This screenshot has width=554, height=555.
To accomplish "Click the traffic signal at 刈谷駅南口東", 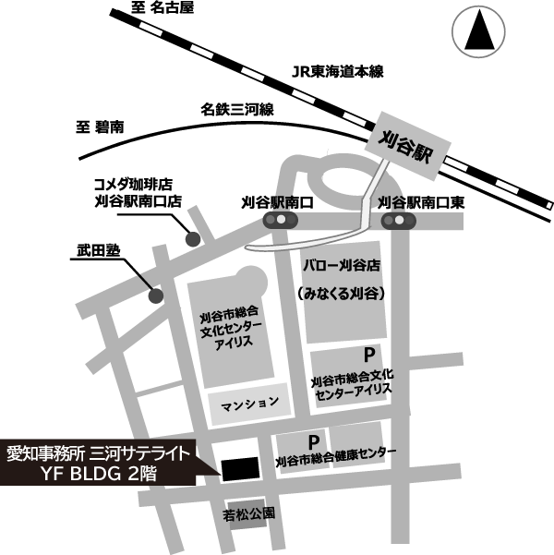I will pyautogui.click(x=400, y=221).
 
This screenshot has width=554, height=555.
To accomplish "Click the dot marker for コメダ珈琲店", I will pyautogui.click(x=193, y=239).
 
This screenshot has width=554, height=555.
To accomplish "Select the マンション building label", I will pyautogui.click(x=248, y=404).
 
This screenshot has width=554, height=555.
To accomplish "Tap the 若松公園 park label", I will pyautogui.click(x=249, y=512).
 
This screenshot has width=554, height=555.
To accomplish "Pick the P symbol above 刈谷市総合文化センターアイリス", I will pyautogui.click(x=368, y=355).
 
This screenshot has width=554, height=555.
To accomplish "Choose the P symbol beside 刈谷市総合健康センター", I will pyautogui.click(x=314, y=441).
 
